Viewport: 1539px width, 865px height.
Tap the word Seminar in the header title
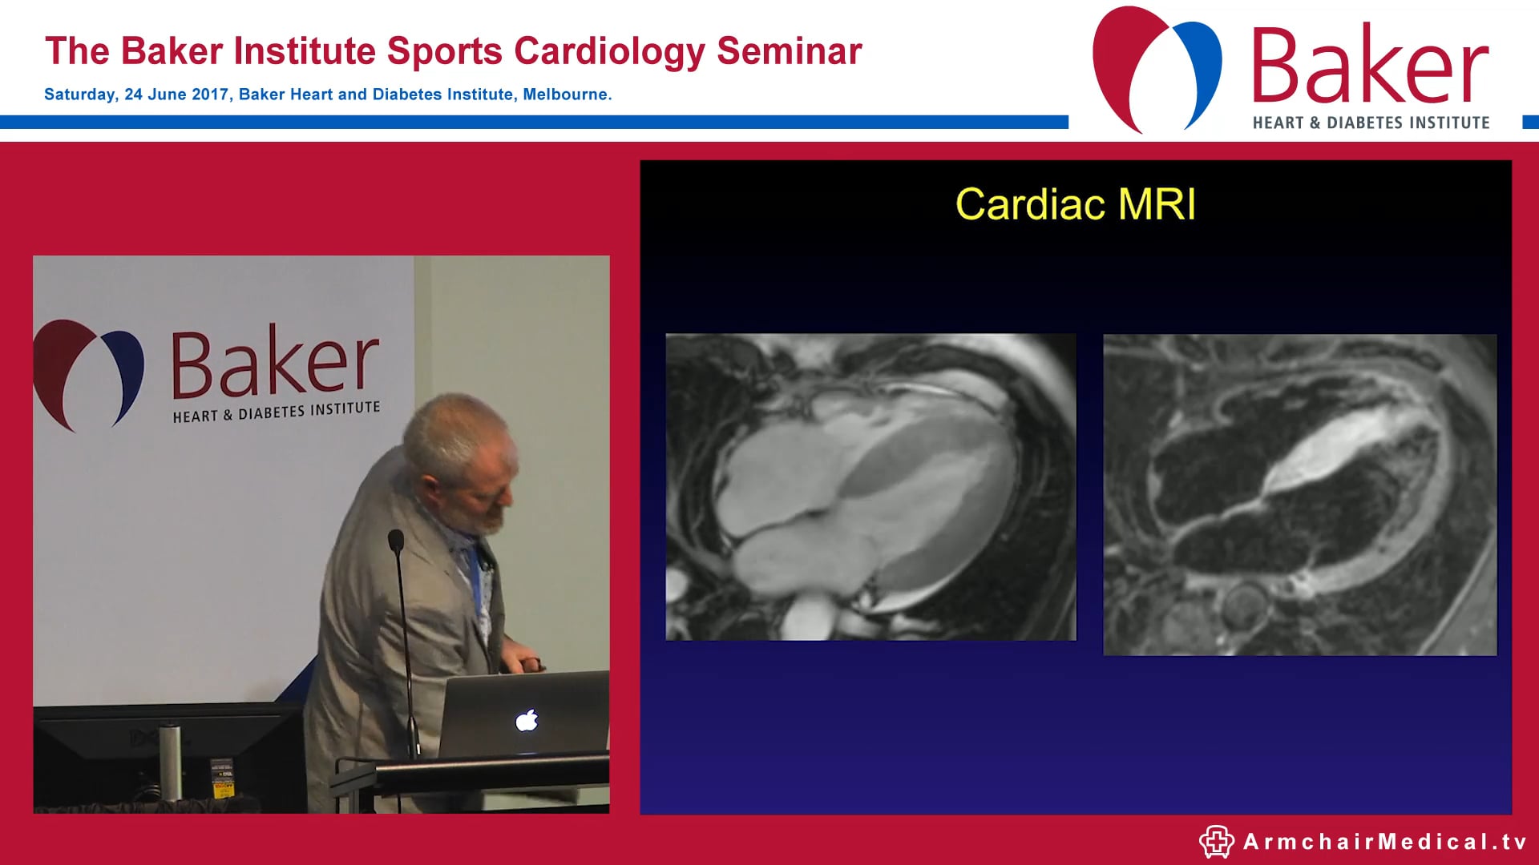click(x=789, y=51)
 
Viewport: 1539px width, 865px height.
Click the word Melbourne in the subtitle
click(x=565, y=95)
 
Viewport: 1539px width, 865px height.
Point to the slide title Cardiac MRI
click(x=1075, y=204)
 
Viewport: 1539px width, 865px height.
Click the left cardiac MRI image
click(x=870, y=487)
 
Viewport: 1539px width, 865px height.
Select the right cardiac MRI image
click(x=1299, y=495)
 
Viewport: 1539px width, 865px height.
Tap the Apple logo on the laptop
click(x=527, y=721)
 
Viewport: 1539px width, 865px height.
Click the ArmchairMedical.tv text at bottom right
click(x=1384, y=842)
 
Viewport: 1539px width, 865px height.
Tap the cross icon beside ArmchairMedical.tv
click(x=1216, y=842)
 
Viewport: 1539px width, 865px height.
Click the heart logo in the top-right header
click(x=1156, y=68)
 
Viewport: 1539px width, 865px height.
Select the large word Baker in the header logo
click(x=1369, y=66)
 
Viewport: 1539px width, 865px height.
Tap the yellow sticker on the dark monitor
click(x=222, y=788)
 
